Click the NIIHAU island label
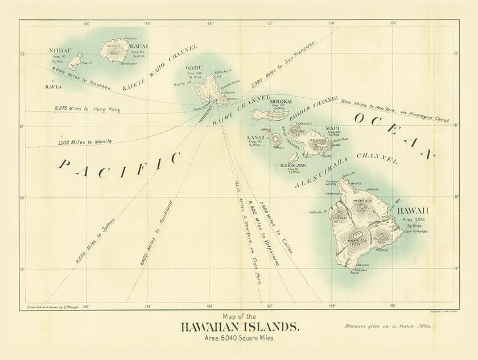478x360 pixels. tap(61, 50)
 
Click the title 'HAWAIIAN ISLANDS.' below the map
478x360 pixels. tap(240, 327)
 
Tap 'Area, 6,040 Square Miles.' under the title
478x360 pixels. tap(240, 338)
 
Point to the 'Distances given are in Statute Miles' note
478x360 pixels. tap(388, 326)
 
